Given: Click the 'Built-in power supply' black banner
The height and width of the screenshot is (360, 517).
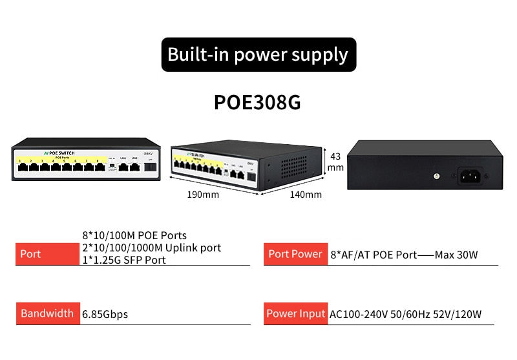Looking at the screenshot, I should point(258,54).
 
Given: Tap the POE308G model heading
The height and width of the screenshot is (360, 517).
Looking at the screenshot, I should point(257,103).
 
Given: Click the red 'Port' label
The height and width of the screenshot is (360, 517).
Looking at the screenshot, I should point(30,253).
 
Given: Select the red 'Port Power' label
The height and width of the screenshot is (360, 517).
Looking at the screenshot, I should point(295,253).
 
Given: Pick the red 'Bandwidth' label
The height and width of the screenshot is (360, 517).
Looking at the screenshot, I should point(47,313).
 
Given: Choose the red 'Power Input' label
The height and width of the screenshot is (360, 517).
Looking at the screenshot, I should point(295,313).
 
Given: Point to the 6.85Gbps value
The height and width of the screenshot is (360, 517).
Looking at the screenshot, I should point(105,314).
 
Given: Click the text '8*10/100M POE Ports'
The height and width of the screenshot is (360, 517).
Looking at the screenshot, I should point(134,235).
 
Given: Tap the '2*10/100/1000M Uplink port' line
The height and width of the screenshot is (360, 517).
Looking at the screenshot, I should point(151,248).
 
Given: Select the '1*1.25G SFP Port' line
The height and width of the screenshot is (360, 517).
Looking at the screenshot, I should point(123,260).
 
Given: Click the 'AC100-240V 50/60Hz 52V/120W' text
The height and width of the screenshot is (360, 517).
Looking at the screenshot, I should point(406,314).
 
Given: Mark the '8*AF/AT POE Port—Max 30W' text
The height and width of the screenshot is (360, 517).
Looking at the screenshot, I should point(404,255).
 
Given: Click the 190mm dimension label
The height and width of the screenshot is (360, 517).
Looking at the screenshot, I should point(203,194).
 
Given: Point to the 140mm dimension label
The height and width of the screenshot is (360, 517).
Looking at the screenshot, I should point(306,194).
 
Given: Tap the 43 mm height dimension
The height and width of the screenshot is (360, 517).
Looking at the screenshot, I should point(335,162).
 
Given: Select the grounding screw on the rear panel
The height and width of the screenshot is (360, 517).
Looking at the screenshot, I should point(437,175).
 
